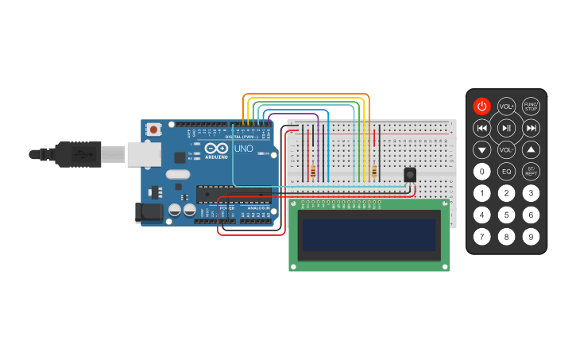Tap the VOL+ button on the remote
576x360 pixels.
506,106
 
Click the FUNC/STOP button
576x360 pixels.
531,106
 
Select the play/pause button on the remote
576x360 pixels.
506,128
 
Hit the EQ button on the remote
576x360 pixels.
506,171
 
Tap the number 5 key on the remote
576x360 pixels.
506,215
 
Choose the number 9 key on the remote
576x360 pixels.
531,236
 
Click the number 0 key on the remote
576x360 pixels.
481,171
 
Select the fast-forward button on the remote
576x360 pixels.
531,128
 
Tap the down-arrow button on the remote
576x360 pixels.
481,149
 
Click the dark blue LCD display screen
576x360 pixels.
369,234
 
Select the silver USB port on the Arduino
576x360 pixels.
144,154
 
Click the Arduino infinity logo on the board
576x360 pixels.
216,148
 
